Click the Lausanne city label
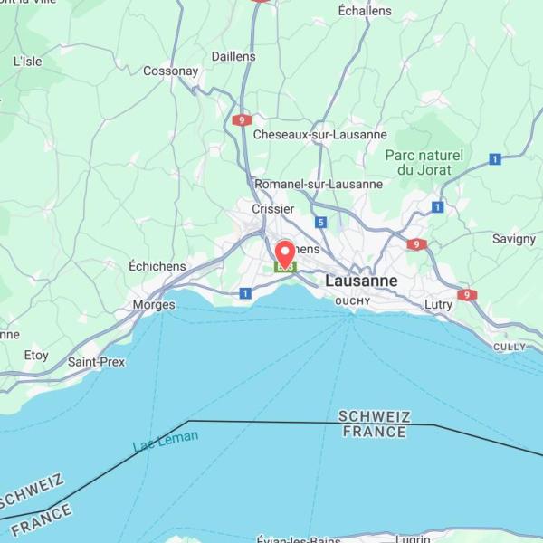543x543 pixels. coord(361,281)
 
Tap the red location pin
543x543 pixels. coord(285,253)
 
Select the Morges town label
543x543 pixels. coord(154,305)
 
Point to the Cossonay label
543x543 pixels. coord(170,71)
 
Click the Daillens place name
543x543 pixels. coord(233,56)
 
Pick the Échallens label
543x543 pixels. coord(365,11)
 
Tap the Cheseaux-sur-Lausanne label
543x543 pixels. coord(308,134)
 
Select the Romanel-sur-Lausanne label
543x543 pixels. coord(319,184)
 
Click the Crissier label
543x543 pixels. coord(272,209)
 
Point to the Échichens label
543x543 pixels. coord(157,266)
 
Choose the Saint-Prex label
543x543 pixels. coord(97,362)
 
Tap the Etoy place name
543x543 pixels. coord(36,356)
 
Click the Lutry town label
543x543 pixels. coord(439,305)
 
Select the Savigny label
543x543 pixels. coord(514,239)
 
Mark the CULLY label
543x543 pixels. coord(510,347)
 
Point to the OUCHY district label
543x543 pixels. coord(353,300)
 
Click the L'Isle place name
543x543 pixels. coord(28,62)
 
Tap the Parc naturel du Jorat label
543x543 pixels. coord(424,162)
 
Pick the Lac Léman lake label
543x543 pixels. coord(166,442)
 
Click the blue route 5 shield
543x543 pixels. coord(320,222)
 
